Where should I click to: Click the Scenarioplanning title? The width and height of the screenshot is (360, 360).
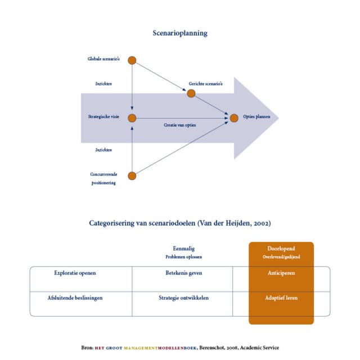[180, 33]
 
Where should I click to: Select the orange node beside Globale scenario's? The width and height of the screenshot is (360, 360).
[132, 60]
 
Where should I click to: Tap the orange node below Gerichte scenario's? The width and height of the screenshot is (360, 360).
[191, 93]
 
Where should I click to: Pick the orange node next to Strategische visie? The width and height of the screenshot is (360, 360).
[132, 118]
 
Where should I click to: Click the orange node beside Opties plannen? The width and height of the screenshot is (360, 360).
[234, 118]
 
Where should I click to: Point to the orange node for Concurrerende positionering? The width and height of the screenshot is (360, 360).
[132, 175]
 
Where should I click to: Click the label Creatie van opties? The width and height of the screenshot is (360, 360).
[180, 125]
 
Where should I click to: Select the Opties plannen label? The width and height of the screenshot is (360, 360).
[257, 118]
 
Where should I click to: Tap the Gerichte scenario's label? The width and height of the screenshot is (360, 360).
[206, 84]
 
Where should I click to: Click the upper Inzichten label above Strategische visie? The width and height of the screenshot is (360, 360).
[103, 84]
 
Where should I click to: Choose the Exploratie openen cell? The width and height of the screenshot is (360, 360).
[75, 273]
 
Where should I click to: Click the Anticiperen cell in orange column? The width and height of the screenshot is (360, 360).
[281, 273]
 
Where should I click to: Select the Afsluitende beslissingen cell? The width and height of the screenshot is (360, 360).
[75, 298]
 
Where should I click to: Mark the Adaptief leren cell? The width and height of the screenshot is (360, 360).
[281, 298]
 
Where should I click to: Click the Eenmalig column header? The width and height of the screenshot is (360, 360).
[184, 248]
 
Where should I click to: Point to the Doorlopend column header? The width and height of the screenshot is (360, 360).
[281, 248]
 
